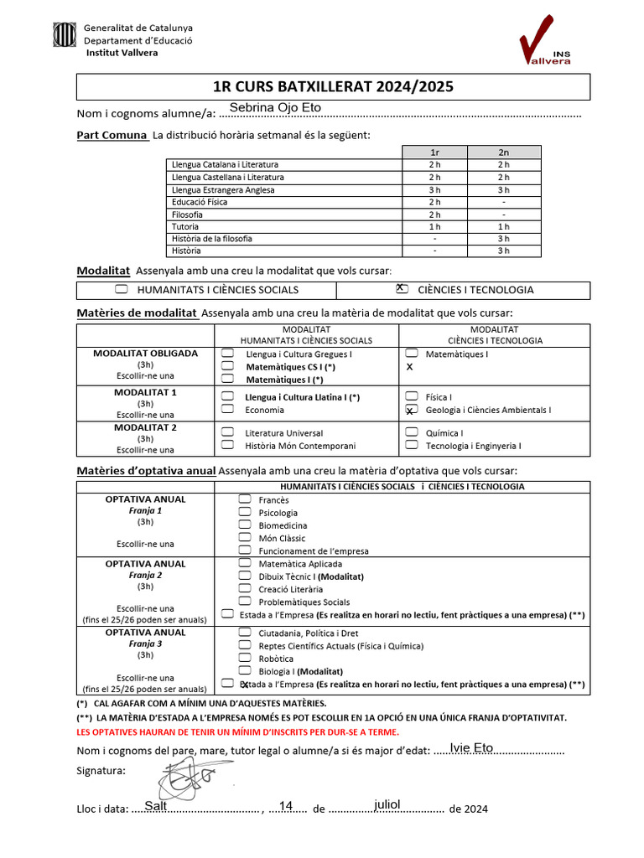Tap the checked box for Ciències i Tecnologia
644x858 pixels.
pos(402,289)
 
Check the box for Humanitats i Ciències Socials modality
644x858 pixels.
pos(122,289)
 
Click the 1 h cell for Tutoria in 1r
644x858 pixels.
pos(434,226)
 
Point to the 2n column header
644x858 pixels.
pos(503,152)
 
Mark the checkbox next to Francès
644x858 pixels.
pos(244,499)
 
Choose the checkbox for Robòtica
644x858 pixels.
pos(244,659)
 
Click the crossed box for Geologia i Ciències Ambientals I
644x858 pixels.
pos(411,410)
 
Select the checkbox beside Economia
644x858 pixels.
pos(227,410)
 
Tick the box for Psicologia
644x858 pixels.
pos(244,512)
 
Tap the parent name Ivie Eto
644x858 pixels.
pos(471,747)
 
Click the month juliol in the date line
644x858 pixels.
pos(387,804)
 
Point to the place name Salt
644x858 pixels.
pos(155,806)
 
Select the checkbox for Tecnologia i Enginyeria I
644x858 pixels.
pos(411,446)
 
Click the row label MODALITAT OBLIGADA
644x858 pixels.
pos(145,354)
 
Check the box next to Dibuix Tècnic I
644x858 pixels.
pos(244,576)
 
